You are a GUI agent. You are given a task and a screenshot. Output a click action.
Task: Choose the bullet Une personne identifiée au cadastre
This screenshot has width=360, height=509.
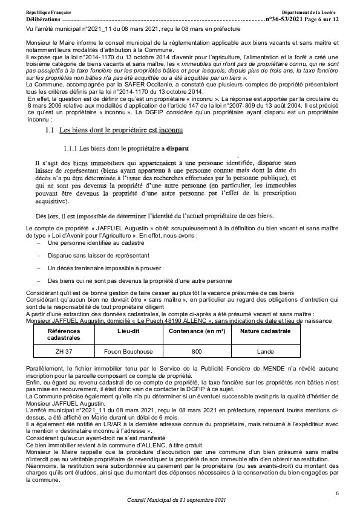pos(95,242)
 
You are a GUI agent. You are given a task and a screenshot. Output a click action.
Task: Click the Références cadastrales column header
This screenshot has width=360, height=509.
pos(59,336)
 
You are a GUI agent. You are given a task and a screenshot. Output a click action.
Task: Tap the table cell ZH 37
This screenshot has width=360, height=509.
pos(59,351)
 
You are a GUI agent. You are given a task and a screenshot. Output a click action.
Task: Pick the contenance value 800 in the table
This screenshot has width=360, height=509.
pos(196,351)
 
